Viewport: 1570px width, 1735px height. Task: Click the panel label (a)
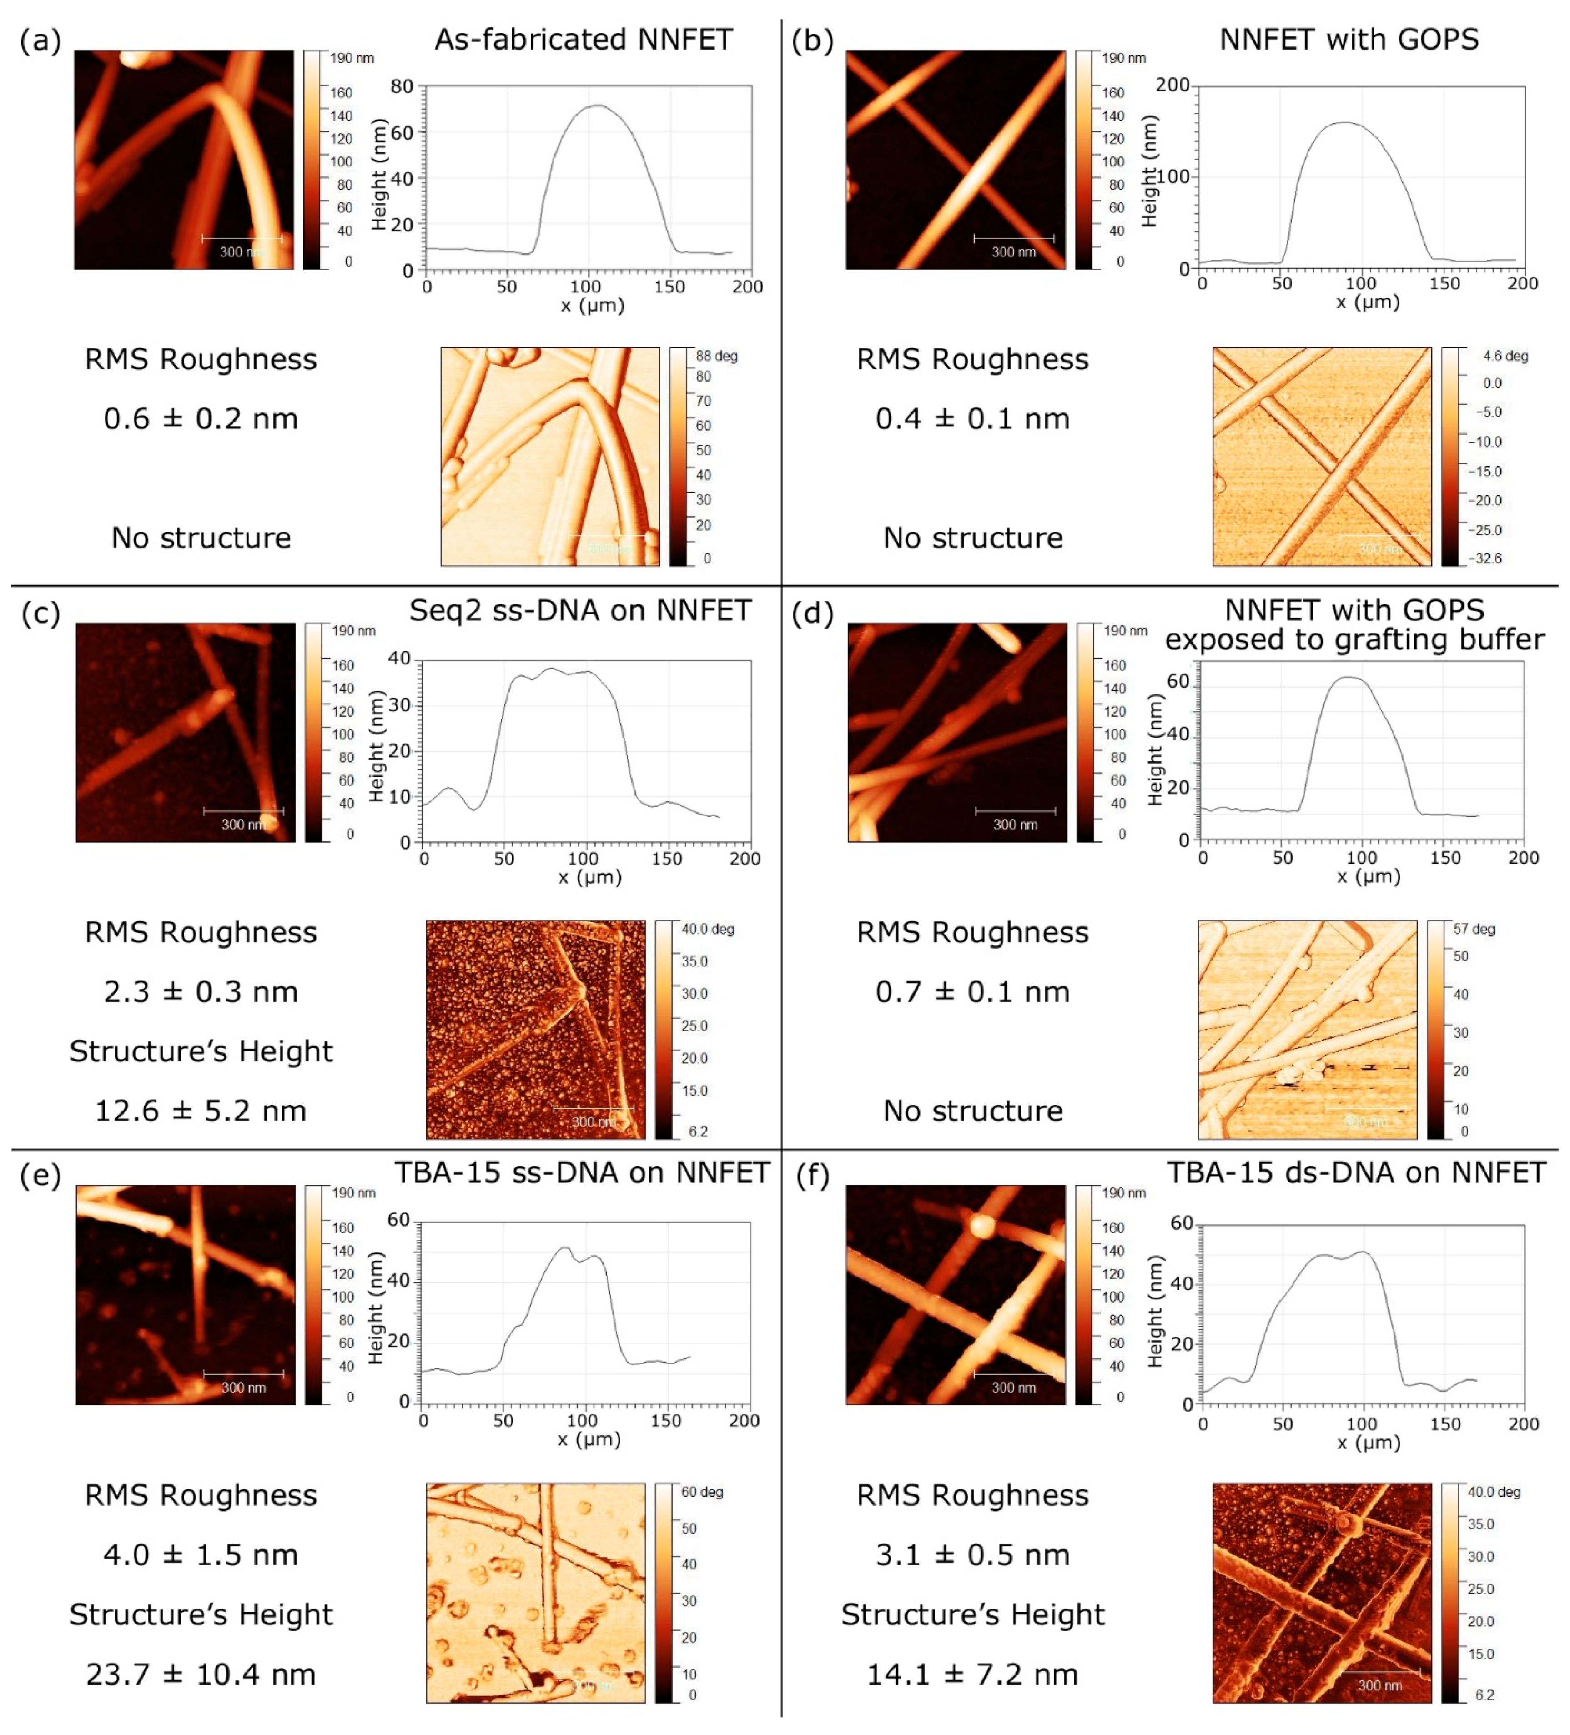[40, 40]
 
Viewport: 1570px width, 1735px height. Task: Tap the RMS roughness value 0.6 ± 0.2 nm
[201, 419]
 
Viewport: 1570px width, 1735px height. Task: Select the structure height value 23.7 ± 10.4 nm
[201, 1674]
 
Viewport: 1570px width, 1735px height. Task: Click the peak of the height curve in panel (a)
[597, 106]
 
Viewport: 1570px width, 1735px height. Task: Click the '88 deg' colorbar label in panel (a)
[716, 356]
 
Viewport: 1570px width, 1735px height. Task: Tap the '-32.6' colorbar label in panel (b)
[1486, 558]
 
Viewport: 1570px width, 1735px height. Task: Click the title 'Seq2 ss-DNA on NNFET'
[579, 610]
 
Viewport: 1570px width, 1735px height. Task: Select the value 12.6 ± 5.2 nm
[201, 1111]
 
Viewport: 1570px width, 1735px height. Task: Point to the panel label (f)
[813, 1175]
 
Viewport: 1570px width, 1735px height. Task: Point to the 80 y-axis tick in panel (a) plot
[402, 86]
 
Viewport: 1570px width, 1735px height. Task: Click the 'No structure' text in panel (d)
[973, 1111]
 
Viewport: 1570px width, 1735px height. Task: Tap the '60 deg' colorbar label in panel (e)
[701, 1491]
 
